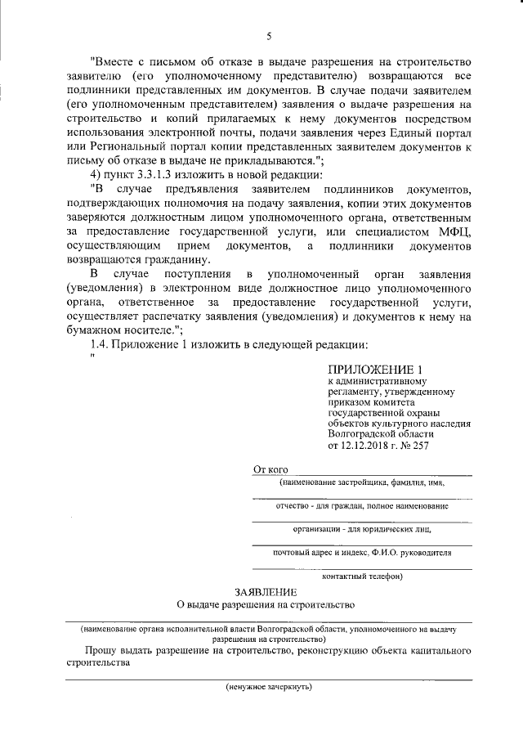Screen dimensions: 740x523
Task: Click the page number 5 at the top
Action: click(x=268, y=35)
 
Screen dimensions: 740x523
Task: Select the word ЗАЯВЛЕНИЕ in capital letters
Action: click(x=265, y=591)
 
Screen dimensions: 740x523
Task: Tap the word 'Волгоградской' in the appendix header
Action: click(x=362, y=434)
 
